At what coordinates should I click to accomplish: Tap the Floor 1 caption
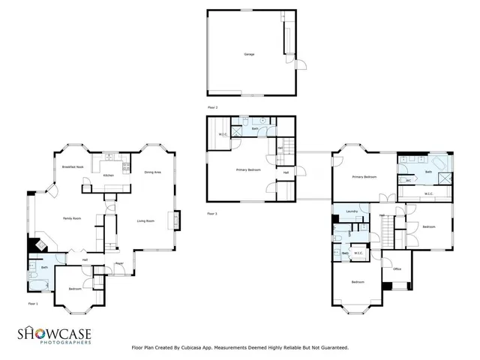click(x=32, y=304)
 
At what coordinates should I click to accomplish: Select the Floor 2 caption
click(x=212, y=108)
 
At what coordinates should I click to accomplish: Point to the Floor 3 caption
click(x=212, y=214)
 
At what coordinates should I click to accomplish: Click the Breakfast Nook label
click(x=73, y=166)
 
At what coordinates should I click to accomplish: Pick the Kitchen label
click(x=109, y=175)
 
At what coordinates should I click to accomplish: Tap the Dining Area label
click(x=153, y=172)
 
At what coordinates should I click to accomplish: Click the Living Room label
click(x=145, y=220)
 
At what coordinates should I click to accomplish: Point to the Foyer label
click(x=119, y=263)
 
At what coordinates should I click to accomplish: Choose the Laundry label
click(x=350, y=212)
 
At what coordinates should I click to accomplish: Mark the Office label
click(x=397, y=268)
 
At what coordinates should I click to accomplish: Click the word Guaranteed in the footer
click(x=332, y=348)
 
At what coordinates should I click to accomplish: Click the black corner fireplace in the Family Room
click(x=34, y=244)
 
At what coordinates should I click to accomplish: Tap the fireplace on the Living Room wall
click(x=177, y=220)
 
